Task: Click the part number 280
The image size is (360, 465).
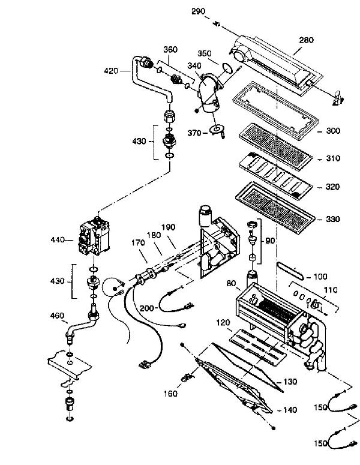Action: (x=307, y=40)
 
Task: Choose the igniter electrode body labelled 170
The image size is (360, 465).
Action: (x=145, y=278)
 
